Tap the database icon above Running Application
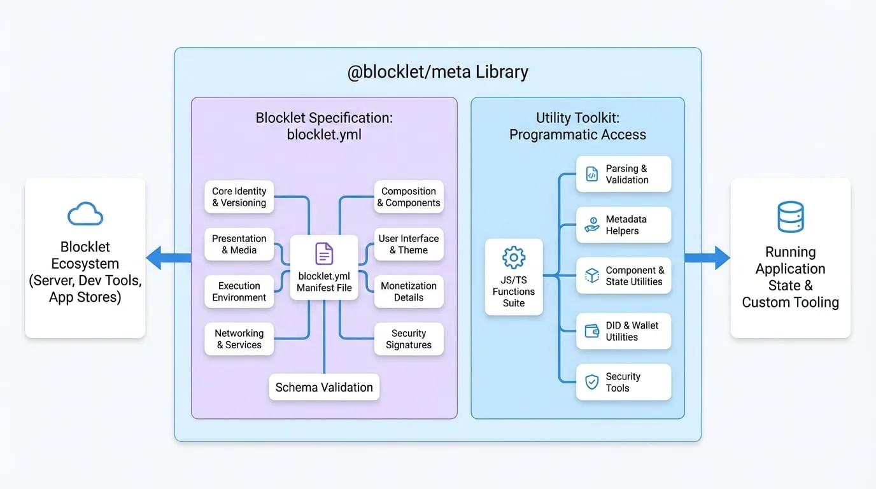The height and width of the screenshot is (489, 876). (x=790, y=216)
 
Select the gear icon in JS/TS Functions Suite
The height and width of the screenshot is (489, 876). (x=514, y=257)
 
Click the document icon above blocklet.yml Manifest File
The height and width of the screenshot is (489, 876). (x=324, y=253)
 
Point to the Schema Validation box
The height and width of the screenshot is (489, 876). (x=324, y=387)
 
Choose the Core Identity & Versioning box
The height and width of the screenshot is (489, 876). (x=239, y=197)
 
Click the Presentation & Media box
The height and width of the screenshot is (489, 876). (x=239, y=244)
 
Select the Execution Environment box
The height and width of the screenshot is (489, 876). (x=239, y=292)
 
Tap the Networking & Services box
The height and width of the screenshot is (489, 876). (x=239, y=339)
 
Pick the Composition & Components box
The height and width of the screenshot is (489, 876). (x=409, y=197)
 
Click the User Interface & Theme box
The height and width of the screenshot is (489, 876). (x=409, y=244)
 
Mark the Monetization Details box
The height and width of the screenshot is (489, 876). (x=409, y=292)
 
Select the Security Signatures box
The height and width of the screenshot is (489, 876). (x=409, y=339)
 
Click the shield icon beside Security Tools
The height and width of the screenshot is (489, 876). (x=591, y=382)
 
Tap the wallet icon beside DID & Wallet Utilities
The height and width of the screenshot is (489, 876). (x=591, y=331)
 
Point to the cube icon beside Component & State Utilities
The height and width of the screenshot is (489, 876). (x=591, y=276)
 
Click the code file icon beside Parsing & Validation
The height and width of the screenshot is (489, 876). (x=591, y=174)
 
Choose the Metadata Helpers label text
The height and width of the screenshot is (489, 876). (x=626, y=225)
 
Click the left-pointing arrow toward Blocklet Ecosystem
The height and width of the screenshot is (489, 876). (x=169, y=258)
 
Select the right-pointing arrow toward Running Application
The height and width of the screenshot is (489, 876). (x=707, y=258)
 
